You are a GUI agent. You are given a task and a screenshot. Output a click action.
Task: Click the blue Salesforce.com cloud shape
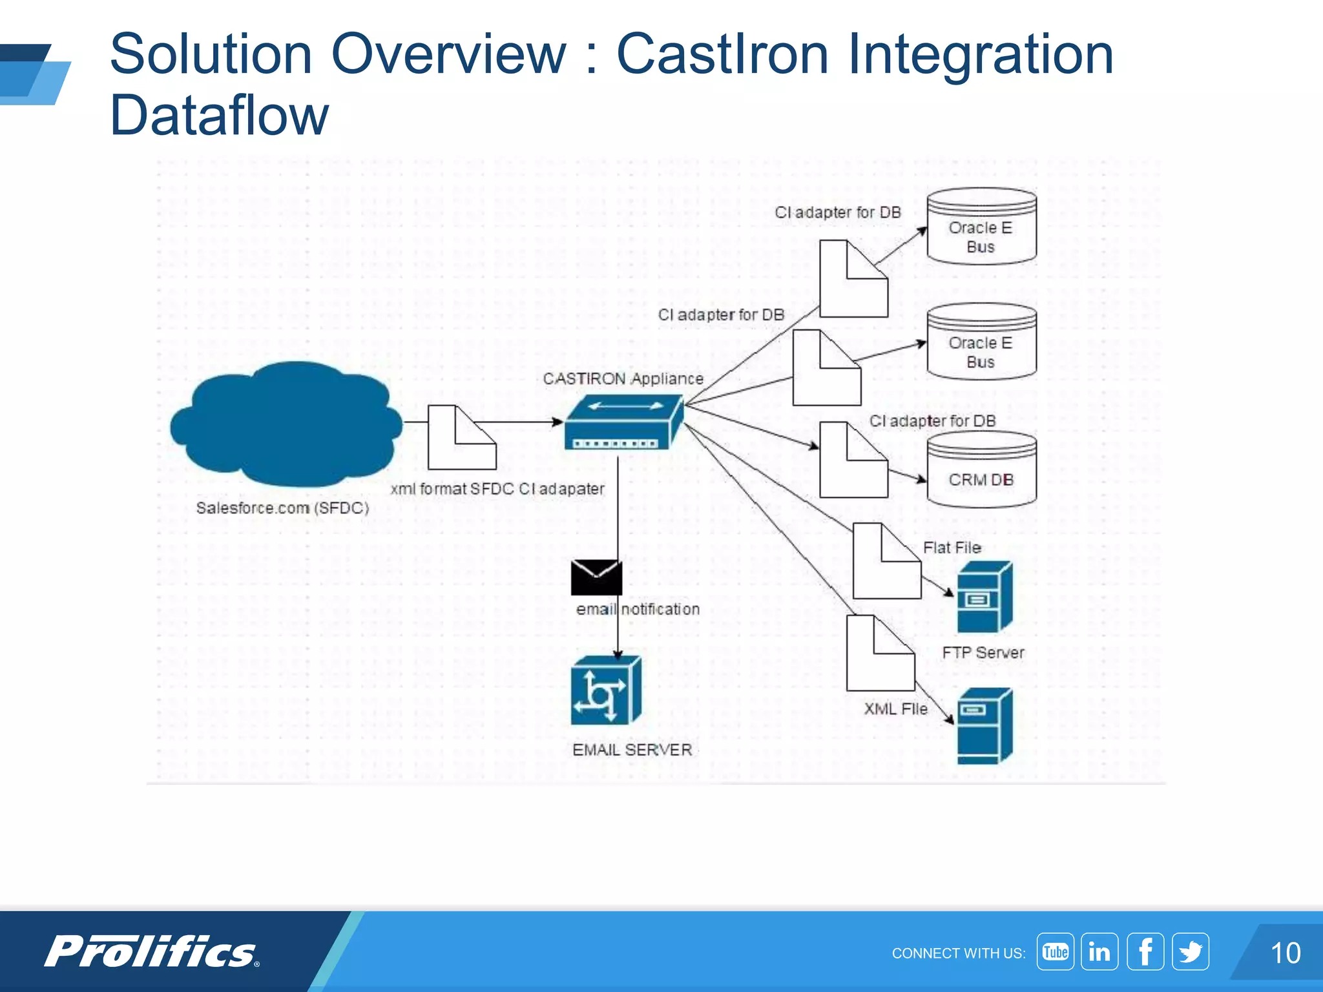(x=286, y=424)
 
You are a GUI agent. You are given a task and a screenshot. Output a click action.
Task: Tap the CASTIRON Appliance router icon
(x=623, y=422)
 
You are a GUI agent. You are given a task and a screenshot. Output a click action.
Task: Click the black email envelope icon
(x=596, y=577)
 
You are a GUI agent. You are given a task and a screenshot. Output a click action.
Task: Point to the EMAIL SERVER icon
(x=606, y=690)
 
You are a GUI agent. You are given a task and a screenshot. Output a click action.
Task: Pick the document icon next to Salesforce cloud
(x=462, y=438)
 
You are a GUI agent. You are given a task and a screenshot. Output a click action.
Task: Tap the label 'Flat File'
(x=952, y=548)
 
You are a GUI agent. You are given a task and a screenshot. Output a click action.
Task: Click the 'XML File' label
(x=895, y=709)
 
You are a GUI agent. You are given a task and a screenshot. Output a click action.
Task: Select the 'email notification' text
(x=638, y=609)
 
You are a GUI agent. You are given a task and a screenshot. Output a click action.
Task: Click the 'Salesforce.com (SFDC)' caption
(x=282, y=508)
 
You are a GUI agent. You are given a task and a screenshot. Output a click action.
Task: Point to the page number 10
(x=1285, y=953)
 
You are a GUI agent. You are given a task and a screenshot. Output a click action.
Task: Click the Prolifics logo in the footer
(x=152, y=952)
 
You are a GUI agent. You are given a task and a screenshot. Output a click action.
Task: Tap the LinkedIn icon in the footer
(x=1099, y=952)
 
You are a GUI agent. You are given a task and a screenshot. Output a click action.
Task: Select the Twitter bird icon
(x=1191, y=952)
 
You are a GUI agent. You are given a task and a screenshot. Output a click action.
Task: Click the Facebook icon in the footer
(x=1145, y=952)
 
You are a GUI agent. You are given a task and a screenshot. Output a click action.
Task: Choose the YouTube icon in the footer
(x=1055, y=952)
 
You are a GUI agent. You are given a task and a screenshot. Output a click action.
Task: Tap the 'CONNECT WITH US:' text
(x=958, y=953)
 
